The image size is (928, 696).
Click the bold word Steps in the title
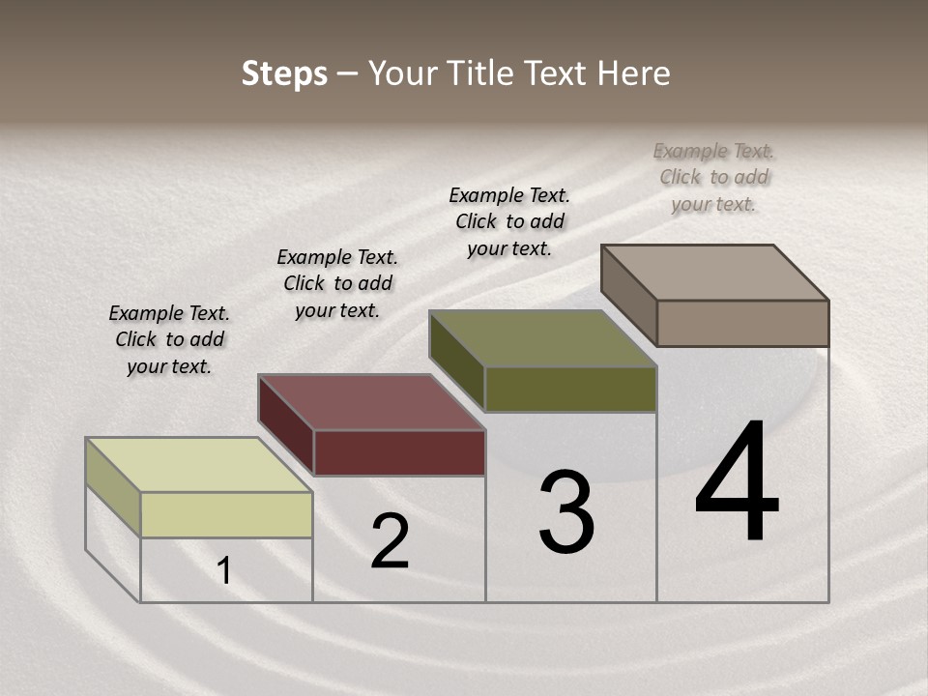click(x=284, y=73)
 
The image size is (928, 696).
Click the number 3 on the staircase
click(x=566, y=512)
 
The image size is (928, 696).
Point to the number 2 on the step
click(x=391, y=541)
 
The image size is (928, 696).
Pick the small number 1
click(x=224, y=571)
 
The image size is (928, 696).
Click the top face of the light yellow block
click(x=198, y=465)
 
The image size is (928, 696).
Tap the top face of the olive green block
click(x=542, y=338)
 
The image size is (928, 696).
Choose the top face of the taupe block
click(x=714, y=273)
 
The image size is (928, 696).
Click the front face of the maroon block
click(x=399, y=452)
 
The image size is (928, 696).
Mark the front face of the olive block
click(x=570, y=389)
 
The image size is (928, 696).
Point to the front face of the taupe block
click(x=742, y=323)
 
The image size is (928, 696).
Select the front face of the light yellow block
click(x=226, y=514)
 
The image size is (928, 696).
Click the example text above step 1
click(x=169, y=339)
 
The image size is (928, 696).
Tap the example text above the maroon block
click(x=337, y=283)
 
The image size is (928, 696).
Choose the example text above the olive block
click(x=509, y=221)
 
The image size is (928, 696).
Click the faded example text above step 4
click(x=713, y=177)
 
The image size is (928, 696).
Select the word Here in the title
click(x=634, y=73)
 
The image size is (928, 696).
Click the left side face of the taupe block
click(x=629, y=295)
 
